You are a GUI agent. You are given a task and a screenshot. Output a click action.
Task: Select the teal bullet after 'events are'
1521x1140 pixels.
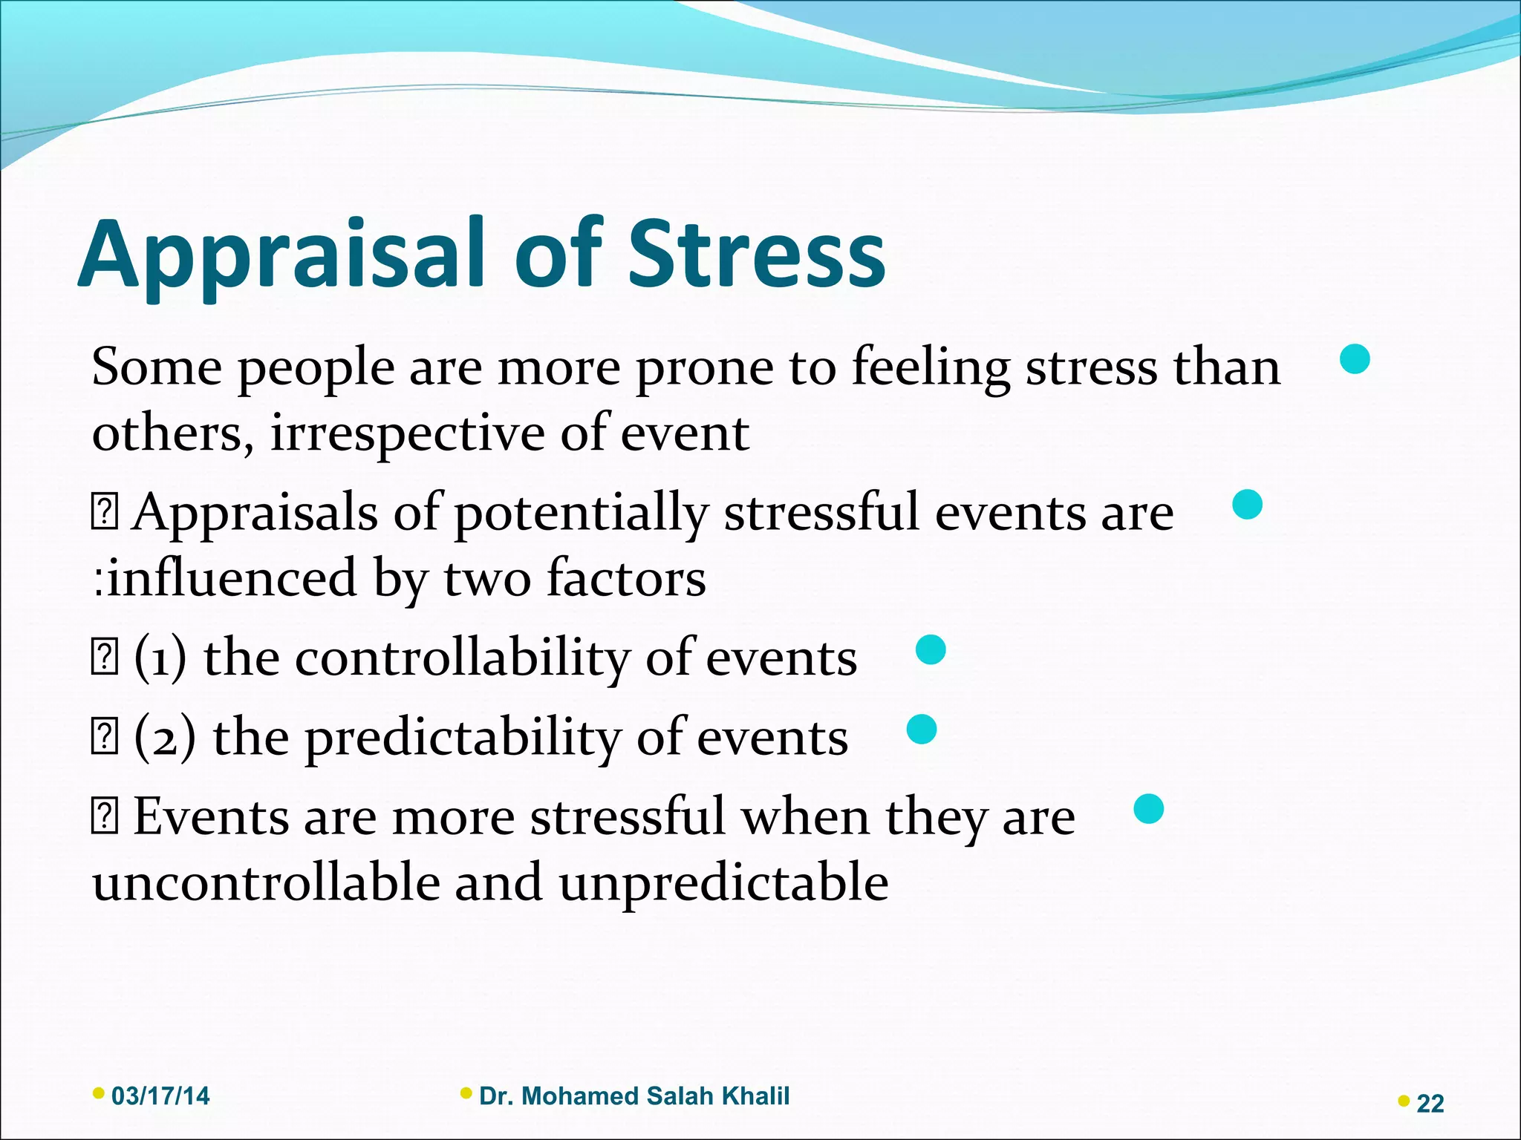click(1247, 505)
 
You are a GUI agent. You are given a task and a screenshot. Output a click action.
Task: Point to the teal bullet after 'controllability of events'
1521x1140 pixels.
click(931, 650)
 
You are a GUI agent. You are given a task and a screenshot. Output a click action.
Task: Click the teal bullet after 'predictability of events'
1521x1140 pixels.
click(922, 730)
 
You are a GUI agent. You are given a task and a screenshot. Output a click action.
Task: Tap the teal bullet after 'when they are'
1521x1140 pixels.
click(1148, 808)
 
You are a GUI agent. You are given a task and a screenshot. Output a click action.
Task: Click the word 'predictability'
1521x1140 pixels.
click(462, 738)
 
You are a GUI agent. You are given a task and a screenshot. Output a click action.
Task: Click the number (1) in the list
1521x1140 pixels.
click(160, 659)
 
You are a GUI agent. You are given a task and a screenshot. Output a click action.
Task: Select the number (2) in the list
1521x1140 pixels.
click(165, 738)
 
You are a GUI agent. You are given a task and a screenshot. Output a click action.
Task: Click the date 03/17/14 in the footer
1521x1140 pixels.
click(160, 1096)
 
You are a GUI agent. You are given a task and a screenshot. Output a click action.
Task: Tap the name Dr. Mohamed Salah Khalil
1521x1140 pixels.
click(634, 1096)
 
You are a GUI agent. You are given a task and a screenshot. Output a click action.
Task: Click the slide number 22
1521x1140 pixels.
click(1430, 1104)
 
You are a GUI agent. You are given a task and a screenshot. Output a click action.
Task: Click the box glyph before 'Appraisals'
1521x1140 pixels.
click(105, 514)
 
